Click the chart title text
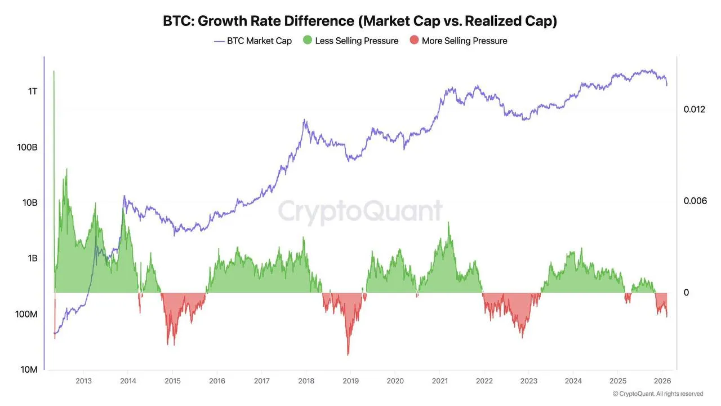pyautogui.click(x=360, y=21)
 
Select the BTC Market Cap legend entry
pyautogui.click(x=253, y=41)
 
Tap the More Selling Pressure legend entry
pyautogui.click(x=459, y=41)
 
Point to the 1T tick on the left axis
pyautogui.click(x=32, y=91)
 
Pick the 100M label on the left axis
pyautogui.click(x=26, y=314)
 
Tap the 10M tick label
pyautogui.click(x=29, y=370)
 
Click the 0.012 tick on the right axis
pyautogui.click(x=694, y=109)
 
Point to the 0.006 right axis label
pyautogui.click(x=694, y=201)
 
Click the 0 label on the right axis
pyautogui.click(x=686, y=293)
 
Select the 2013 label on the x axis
pyautogui.click(x=83, y=381)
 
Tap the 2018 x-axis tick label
pyautogui.click(x=306, y=381)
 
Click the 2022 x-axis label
pyautogui.click(x=484, y=381)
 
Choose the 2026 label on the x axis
pyautogui.click(x=662, y=381)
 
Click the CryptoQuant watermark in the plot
pyautogui.click(x=360, y=211)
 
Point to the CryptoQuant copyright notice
pyautogui.click(x=657, y=394)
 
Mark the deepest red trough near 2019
pyautogui.click(x=348, y=354)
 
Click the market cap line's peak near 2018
pyautogui.click(x=304, y=120)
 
